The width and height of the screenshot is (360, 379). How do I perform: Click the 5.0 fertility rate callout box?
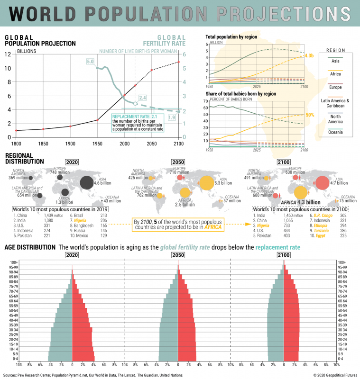point(90,62)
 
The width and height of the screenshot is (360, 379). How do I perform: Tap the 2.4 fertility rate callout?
point(142,98)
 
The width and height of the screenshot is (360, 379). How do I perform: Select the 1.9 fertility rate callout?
point(172,117)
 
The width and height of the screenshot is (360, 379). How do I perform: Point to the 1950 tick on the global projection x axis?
point(97,143)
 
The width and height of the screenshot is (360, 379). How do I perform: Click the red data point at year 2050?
point(152,70)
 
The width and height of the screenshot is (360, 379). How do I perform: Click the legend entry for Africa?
point(335,73)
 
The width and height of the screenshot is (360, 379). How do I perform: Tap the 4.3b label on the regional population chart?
point(309,56)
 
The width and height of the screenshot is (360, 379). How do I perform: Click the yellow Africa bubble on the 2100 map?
point(300,193)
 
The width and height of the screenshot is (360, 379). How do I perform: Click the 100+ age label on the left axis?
point(12,262)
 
